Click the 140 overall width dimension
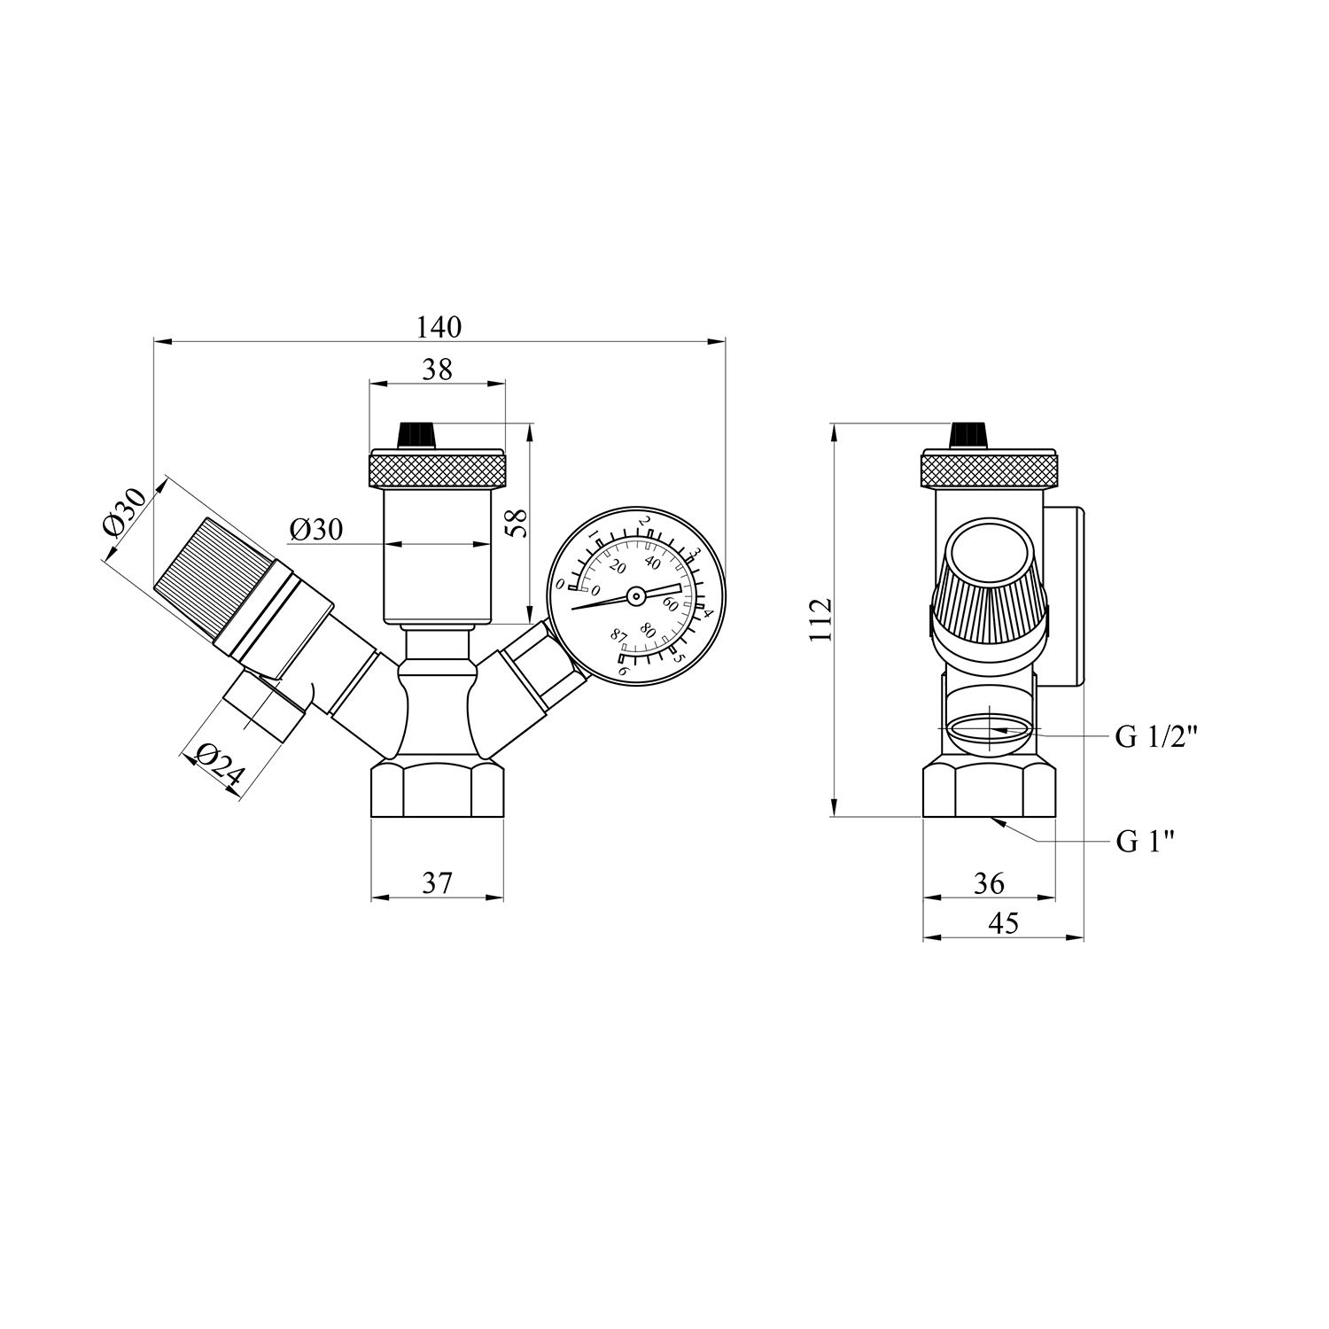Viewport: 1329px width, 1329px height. coord(439,327)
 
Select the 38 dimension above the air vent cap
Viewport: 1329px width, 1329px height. coord(438,369)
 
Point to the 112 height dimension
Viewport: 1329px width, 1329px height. coord(821,619)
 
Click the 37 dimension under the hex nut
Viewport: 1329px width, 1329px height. coord(437,882)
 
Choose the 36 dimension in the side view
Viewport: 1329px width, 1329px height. coord(989,882)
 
